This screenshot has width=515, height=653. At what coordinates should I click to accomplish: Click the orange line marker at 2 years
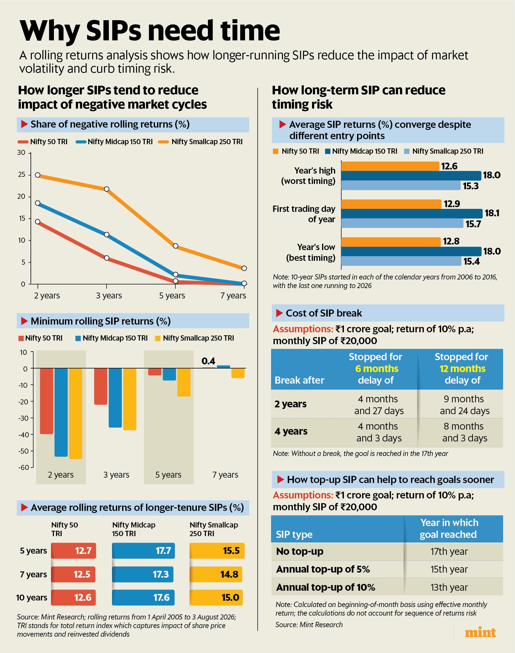(x=38, y=175)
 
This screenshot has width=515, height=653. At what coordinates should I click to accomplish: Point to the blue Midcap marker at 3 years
(x=106, y=235)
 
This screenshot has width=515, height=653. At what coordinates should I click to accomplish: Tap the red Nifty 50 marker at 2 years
(x=38, y=222)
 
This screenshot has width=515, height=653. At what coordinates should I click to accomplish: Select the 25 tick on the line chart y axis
(x=22, y=174)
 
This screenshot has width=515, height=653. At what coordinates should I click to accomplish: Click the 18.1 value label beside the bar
(x=492, y=213)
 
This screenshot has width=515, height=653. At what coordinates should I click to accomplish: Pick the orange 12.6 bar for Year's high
(x=390, y=166)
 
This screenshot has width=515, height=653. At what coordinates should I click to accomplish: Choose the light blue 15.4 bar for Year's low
(x=401, y=261)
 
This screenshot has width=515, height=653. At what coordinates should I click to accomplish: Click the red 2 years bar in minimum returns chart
(x=47, y=401)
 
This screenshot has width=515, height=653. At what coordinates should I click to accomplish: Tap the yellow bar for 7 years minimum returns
(x=238, y=373)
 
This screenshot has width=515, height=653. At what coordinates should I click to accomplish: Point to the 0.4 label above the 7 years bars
(x=208, y=361)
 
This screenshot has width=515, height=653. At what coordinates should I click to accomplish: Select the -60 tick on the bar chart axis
(x=23, y=467)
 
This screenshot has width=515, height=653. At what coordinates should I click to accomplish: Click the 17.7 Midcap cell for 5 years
(x=143, y=551)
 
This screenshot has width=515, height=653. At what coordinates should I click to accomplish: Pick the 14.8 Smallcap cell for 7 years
(x=216, y=574)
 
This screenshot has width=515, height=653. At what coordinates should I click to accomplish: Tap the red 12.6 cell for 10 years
(x=73, y=598)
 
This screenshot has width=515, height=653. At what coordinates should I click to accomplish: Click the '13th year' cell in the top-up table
(x=449, y=587)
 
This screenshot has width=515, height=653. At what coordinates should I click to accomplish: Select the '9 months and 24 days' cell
(x=464, y=405)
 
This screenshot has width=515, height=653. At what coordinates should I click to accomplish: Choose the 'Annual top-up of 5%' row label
(x=323, y=569)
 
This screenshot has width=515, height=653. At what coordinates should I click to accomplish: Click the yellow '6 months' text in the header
(x=377, y=368)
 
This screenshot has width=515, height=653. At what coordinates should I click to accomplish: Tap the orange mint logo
(x=480, y=633)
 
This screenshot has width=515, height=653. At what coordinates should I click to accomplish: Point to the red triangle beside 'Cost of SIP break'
(x=279, y=313)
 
